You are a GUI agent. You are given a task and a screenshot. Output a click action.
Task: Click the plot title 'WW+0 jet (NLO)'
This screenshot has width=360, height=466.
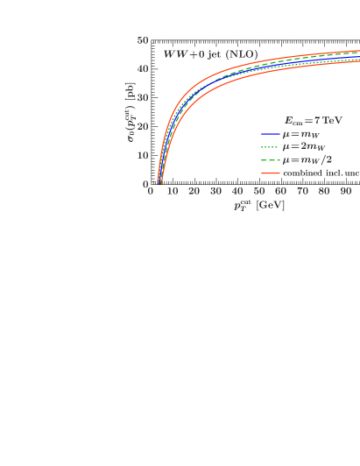(x=210, y=54)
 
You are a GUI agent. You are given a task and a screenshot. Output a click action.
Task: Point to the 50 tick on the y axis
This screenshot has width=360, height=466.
(x=143, y=40)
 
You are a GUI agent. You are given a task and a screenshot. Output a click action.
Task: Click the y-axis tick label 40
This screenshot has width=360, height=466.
(x=143, y=69)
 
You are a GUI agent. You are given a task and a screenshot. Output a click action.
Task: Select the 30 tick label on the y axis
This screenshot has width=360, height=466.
(x=143, y=98)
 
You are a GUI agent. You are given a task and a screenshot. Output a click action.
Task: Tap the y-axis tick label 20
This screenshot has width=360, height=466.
(x=143, y=127)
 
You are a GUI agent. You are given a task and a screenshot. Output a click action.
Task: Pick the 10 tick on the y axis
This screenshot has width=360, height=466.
(x=143, y=156)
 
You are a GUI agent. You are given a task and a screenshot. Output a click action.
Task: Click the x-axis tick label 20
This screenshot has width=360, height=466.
(x=194, y=192)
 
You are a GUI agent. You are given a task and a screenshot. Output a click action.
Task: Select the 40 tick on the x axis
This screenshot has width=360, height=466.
(x=237, y=192)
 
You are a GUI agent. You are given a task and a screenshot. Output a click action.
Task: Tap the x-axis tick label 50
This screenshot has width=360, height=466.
(x=259, y=192)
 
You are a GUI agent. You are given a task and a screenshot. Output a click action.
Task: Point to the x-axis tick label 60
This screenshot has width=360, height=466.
(x=281, y=192)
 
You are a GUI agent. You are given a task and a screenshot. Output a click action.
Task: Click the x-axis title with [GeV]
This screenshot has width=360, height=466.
(x=259, y=206)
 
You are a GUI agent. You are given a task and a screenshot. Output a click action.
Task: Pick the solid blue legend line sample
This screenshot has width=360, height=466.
(x=269, y=134)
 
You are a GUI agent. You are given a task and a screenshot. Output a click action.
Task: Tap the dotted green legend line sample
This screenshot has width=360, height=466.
(x=269, y=147)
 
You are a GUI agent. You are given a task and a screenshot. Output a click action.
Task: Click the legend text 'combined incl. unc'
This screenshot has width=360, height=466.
(x=321, y=173)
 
